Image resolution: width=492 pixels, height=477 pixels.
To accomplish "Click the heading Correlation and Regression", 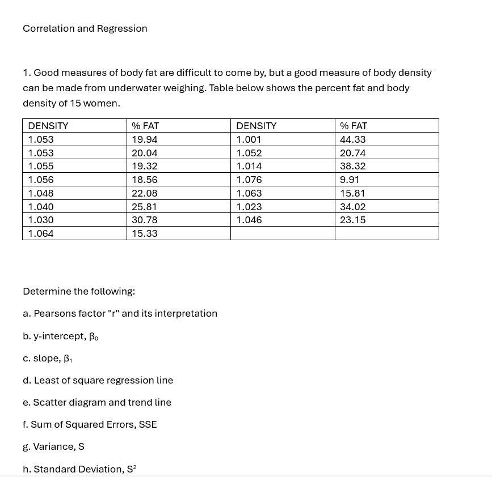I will (85, 28).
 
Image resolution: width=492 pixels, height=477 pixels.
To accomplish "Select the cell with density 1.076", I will (249, 180).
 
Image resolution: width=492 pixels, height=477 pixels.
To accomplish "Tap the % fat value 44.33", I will (352, 139).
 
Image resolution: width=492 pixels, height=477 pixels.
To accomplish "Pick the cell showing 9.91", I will (350, 180).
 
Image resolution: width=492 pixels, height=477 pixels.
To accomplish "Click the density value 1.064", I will (41, 233).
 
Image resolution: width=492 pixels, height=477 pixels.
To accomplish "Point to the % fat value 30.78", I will (144, 220).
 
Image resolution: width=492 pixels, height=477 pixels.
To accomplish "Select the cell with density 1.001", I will (249, 139).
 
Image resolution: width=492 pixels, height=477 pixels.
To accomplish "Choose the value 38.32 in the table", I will (352, 166).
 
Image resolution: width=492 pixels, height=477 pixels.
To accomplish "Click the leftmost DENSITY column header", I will (48, 126).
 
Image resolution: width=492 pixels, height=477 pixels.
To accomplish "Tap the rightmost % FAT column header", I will (354, 126).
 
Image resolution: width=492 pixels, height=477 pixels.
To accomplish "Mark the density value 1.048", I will (41, 193).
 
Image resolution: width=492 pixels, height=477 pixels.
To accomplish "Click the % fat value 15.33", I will (144, 233).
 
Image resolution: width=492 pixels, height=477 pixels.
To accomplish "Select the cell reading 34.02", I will (352, 207).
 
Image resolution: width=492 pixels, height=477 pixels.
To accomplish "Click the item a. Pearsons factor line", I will (120, 313).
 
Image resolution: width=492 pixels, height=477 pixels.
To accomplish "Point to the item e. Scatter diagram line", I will (97, 402).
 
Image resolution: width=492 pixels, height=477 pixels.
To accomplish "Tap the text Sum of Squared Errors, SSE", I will (94, 424).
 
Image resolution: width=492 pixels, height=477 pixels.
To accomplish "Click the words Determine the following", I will (79, 291).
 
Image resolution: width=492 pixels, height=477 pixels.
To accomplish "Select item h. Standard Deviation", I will (79, 469).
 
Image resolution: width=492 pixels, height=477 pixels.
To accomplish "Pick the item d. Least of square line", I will (98, 380).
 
